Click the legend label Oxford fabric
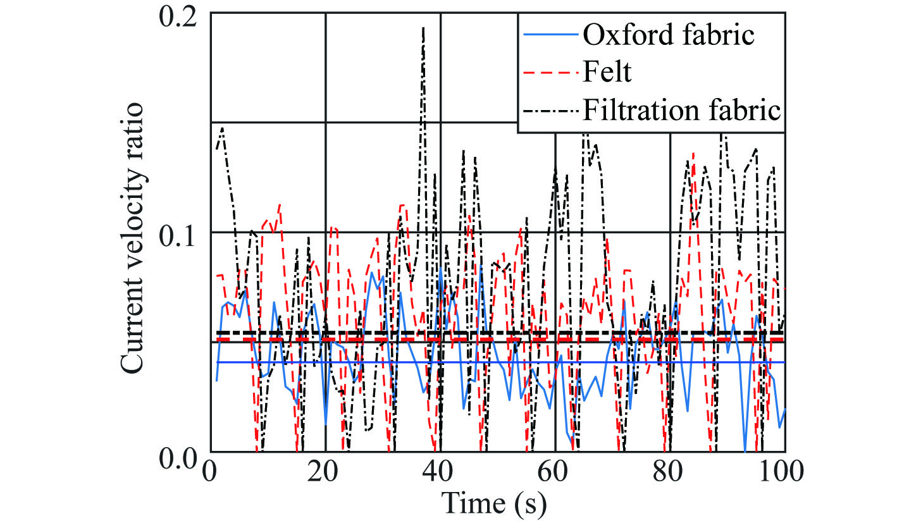coord(668,35)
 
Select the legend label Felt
coord(607,73)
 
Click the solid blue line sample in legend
coord(550,35)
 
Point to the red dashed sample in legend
coord(550,73)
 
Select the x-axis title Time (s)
coord(497,504)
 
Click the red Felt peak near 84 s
coord(693,153)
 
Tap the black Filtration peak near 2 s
coord(223,128)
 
